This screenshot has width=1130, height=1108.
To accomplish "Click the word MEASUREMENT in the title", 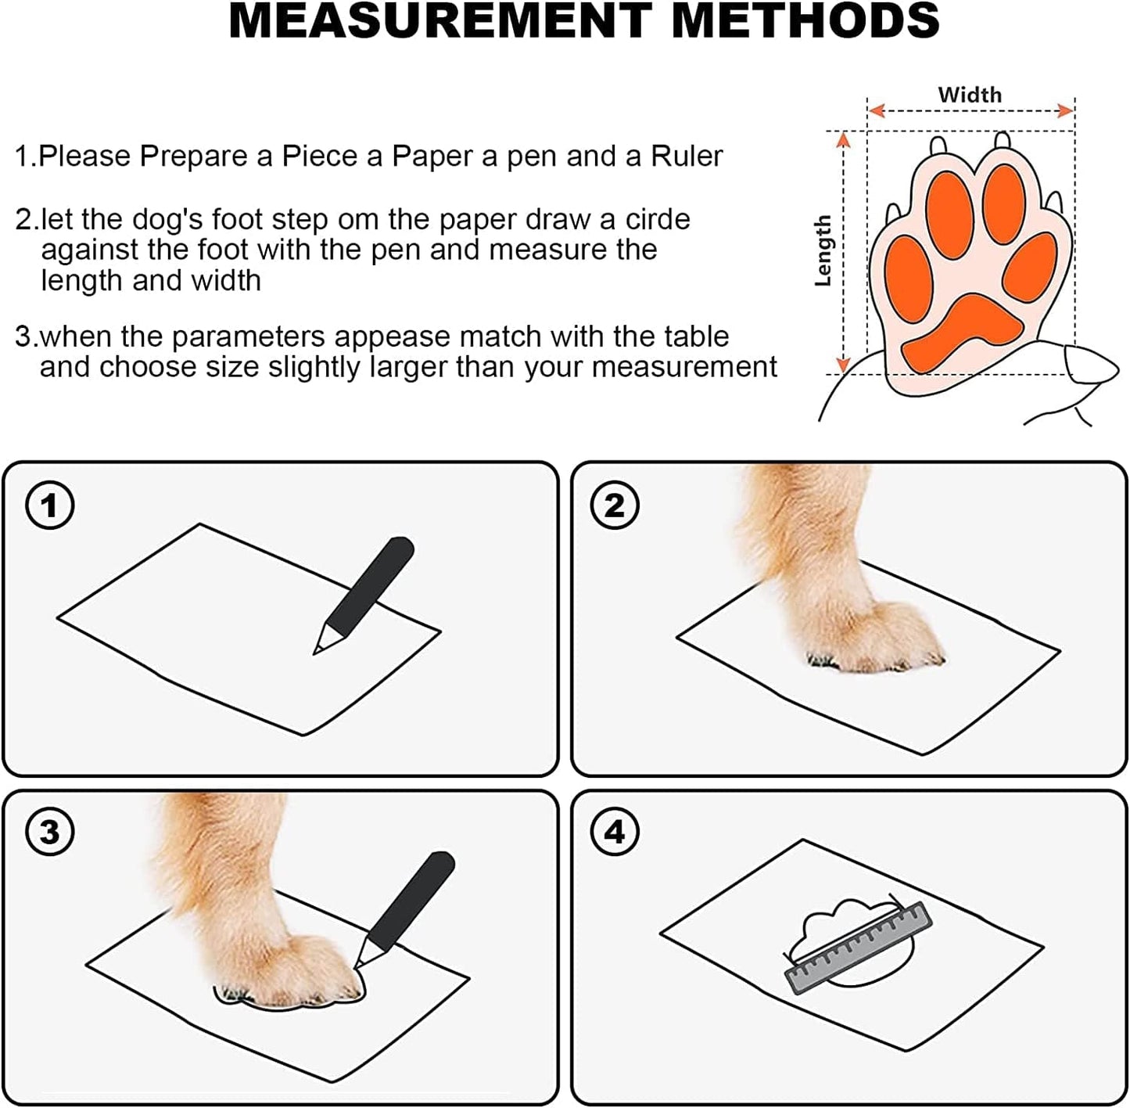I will (440, 20).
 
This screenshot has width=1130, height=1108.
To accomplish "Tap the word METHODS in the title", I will (805, 20).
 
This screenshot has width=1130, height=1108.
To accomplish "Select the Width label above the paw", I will (970, 95).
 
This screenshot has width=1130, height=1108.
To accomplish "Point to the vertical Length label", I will (823, 250).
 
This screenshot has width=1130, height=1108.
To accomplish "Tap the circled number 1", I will (50, 505).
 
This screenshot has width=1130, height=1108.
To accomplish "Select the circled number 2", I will (615, 505).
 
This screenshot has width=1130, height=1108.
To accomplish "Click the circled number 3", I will (50, 832).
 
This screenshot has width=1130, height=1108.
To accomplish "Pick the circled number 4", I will (615, 832).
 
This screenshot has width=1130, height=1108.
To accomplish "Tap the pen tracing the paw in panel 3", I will (405, 908).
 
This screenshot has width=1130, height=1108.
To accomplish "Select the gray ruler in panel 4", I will (859, 947).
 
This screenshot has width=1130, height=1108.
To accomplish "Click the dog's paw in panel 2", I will (876, 638).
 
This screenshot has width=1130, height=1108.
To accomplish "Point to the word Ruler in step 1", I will (687, 156).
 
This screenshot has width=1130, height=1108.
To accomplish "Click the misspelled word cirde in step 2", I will (651, 220).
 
